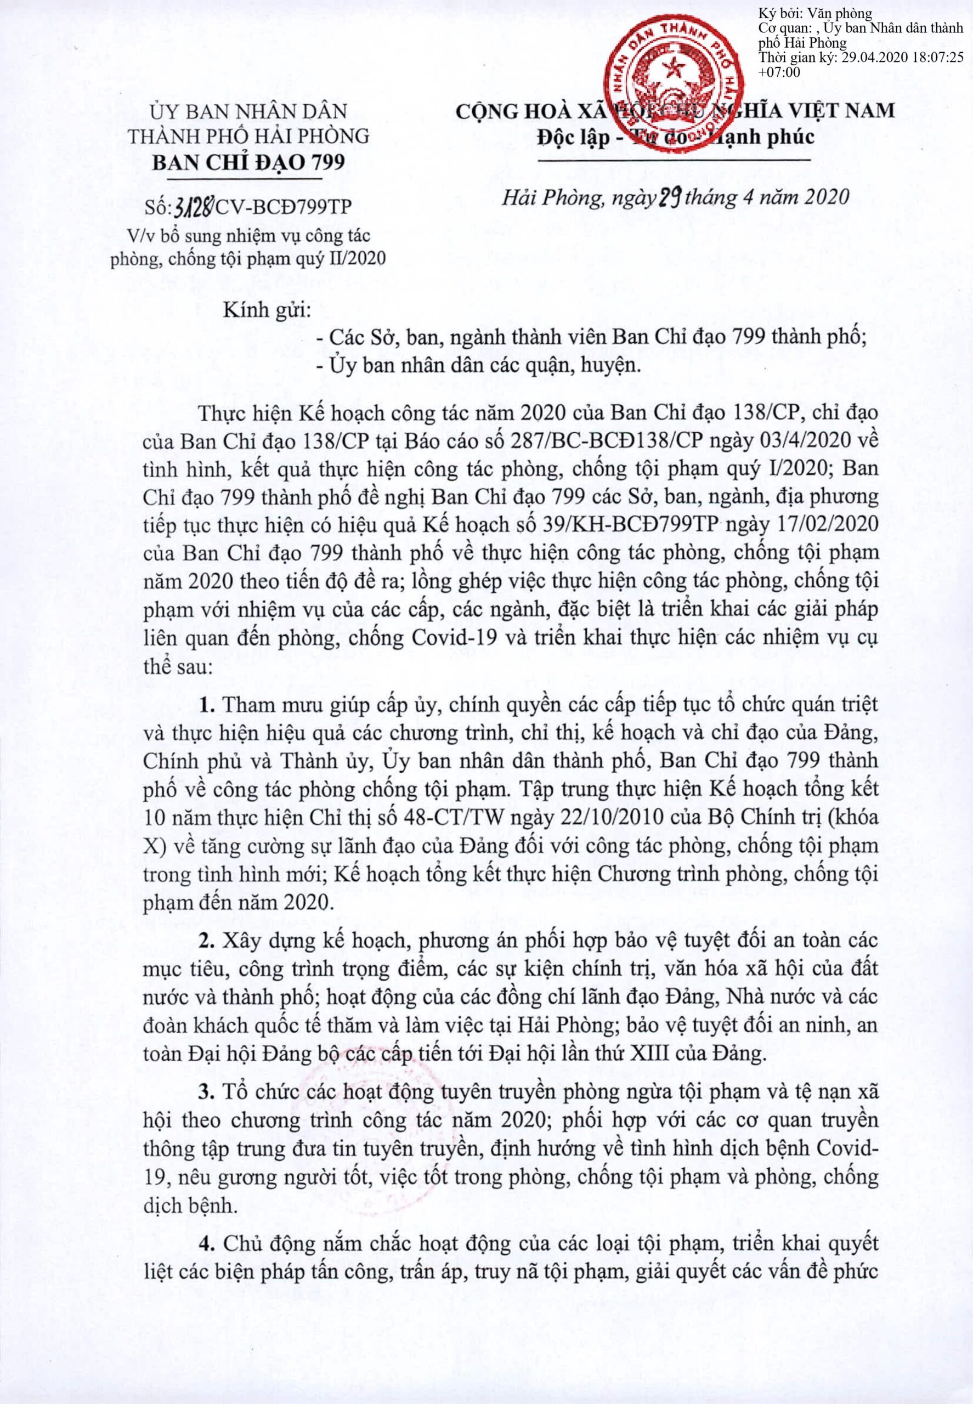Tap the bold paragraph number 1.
(208, 705)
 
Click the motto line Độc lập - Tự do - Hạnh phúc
(676, 138)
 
